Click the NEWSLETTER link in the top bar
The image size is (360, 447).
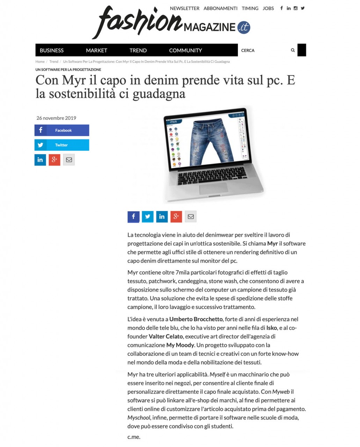(184, 8)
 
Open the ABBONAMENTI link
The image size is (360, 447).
(220, 8)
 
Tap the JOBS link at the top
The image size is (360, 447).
(268, 8)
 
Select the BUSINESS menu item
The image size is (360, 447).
(52, 50)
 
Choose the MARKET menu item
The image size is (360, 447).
(96, 50)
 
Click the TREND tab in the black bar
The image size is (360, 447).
(138, 50)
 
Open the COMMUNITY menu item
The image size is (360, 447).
(185, 50)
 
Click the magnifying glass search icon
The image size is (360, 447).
(293, 50)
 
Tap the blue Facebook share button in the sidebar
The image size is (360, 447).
(62, 130)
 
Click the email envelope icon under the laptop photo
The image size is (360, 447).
(191, 217)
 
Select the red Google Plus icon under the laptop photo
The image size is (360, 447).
(176, 217)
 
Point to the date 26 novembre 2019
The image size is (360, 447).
(56, 118)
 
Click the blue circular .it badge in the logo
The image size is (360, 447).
(243, 27)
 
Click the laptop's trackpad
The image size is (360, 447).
(213, 188)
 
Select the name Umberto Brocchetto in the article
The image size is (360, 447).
(196, 319)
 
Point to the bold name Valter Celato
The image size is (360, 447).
(166, 336)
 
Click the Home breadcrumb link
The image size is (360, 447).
(40, 61)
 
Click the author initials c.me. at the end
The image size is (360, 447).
(134, 437)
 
